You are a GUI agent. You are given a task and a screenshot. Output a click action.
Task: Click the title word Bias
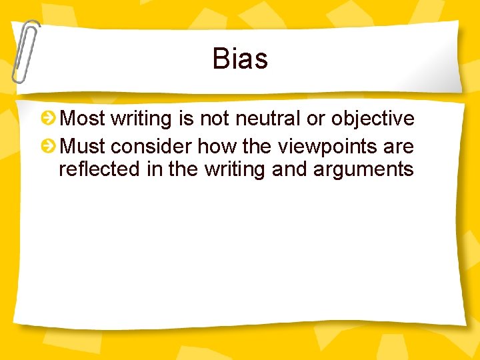click(x=240, y=59)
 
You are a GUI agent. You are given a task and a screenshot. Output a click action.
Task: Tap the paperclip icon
click(x=24, y=52)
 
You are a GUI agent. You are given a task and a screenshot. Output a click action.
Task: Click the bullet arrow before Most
click(x=48, y=119)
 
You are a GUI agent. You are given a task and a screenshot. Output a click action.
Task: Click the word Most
click(x=83, y=119)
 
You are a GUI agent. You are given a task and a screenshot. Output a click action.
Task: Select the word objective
click(x=373, y=119)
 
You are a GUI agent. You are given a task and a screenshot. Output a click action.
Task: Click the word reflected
click(x=99, y=169)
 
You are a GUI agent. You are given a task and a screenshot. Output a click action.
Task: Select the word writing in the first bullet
click(x=142, y=119)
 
